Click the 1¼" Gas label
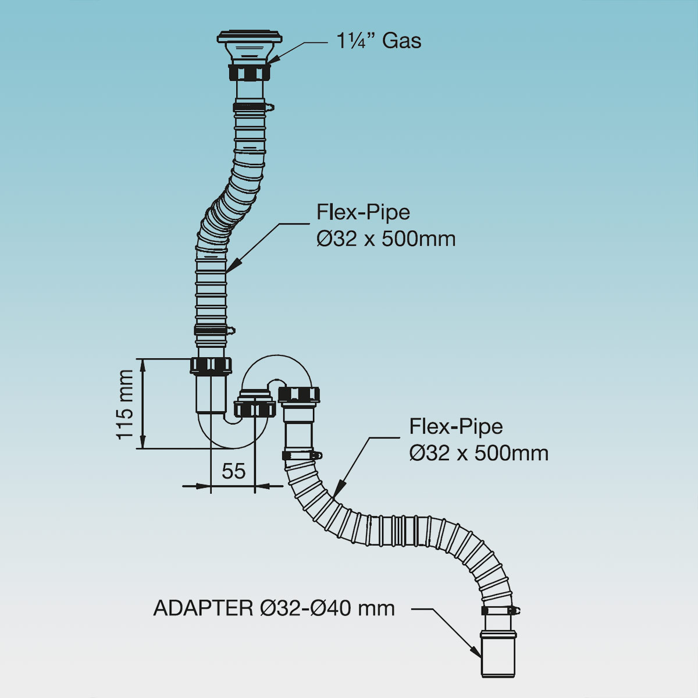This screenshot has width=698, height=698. click(379, 41)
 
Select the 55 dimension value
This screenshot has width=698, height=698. click(233, 471)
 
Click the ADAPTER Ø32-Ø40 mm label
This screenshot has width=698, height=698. click(274, 608)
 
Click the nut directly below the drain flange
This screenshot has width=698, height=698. click(250, 73)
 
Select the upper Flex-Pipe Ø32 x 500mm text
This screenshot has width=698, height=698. click(386, 226)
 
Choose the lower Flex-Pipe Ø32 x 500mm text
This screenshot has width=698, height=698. click(478, 440)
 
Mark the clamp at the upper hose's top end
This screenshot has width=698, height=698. click(252, 107)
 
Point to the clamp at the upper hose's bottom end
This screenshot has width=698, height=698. click(213, 330)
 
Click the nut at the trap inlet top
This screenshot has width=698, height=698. click(211, 365)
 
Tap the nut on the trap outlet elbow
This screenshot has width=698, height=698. click(300, 394)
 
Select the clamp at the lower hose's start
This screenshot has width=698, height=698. click(301, 455)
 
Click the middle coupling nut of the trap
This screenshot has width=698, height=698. click(254, 408)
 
